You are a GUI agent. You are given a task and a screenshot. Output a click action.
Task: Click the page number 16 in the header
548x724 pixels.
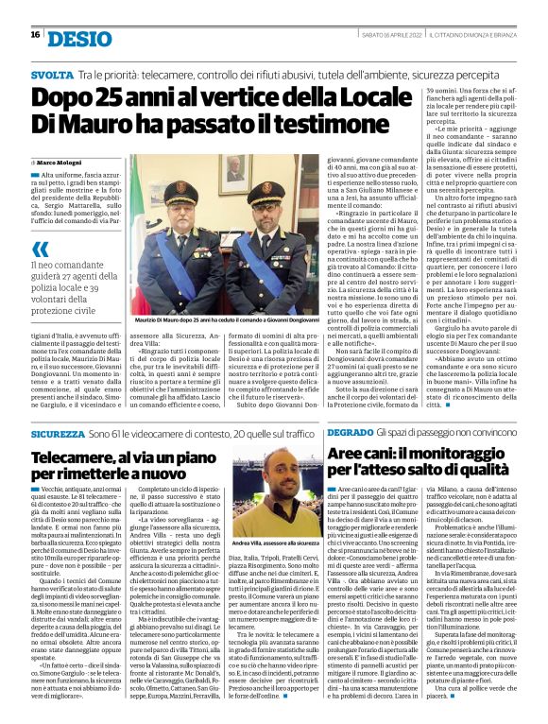coord(35,35)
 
